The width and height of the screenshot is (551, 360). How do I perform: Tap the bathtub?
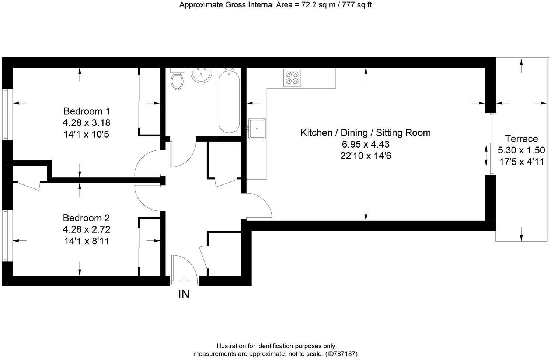coord(229,101)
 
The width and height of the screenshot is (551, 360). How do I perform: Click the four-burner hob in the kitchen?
coord(292,78)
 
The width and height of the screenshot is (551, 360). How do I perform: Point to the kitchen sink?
coord(257,128)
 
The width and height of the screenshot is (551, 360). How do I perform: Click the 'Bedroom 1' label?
coord(87,111)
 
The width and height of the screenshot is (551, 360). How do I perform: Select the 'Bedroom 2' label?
coord(86,218)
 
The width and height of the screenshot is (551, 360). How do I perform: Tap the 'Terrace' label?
coord(521,139)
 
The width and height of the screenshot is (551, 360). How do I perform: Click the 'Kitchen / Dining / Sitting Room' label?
coord(366,133)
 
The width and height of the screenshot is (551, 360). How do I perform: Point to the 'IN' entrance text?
coord(184,294)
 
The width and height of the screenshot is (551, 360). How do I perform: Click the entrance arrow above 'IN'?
coord(184,281)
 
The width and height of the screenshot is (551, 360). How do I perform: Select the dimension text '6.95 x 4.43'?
coord(366,144)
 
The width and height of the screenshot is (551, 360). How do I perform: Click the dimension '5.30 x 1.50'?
coord(521,150)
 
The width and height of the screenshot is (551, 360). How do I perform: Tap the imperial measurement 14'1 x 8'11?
coord(86,241)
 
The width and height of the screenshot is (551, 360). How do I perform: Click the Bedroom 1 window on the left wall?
coord(6,114)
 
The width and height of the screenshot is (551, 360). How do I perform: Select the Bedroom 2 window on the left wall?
coord(6,235)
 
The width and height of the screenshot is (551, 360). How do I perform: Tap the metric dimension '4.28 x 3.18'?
coord(87,122)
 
